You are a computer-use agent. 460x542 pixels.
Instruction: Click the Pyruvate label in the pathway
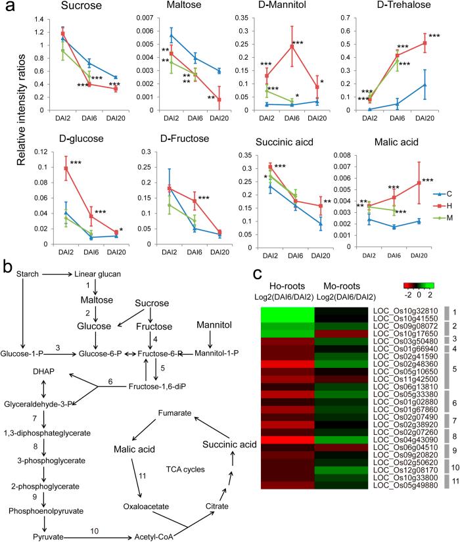coord(26,519)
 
